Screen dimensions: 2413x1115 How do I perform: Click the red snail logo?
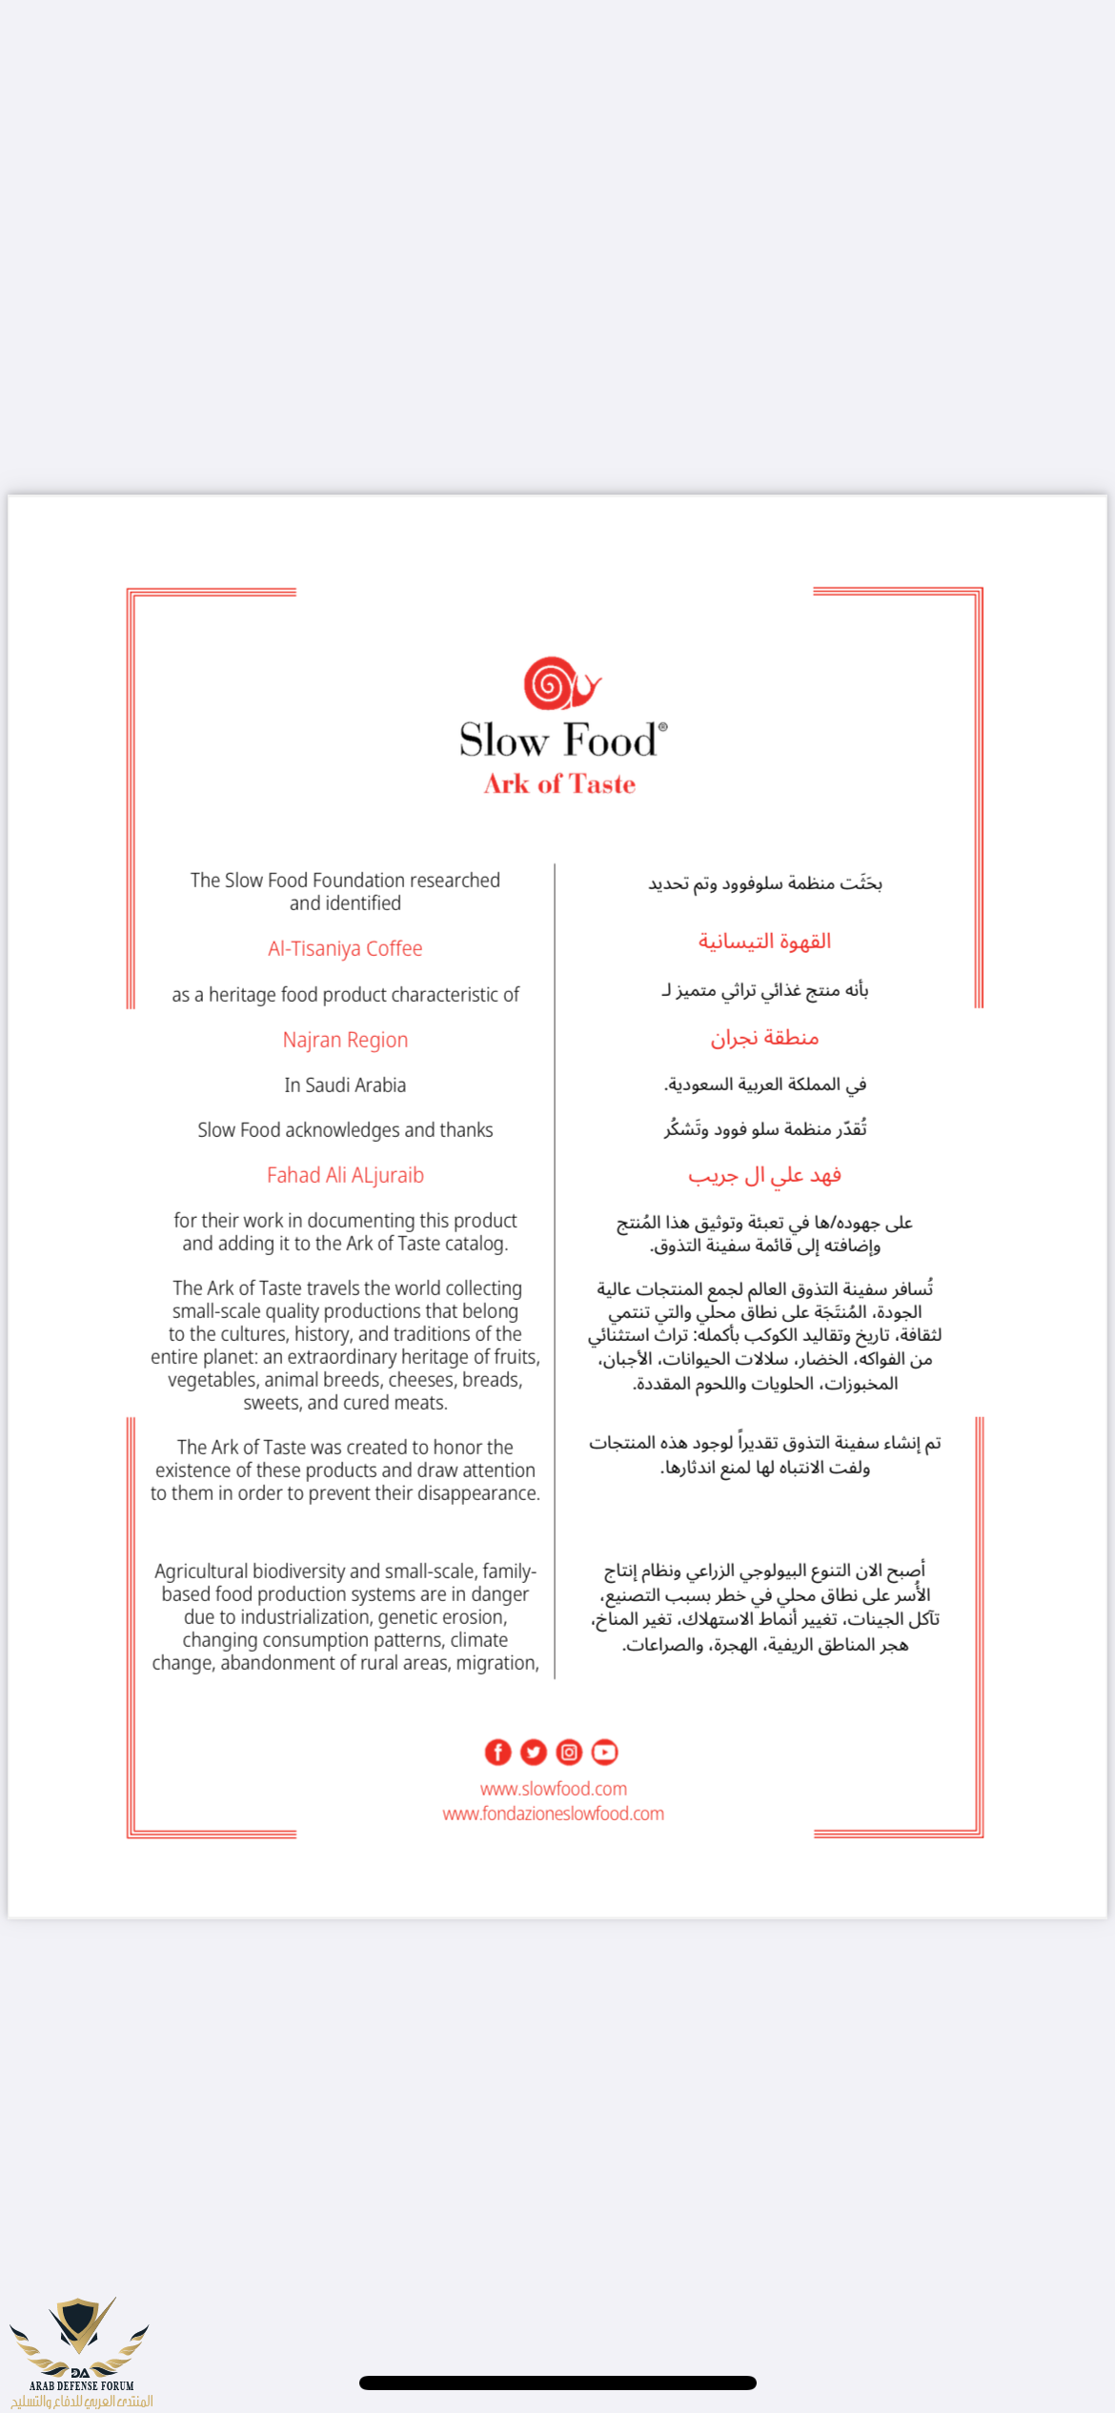pyautogui.click(x=560, y=683)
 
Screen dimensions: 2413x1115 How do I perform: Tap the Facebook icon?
pyautogui.click(x=497, y=1752)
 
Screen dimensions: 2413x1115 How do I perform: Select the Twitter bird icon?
pyautogui.click(x=534, y=1752)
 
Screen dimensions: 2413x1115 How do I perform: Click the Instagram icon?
pyautogui.click(x=569, y=1752)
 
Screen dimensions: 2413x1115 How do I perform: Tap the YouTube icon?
pyautogui.click(x=604, y=1752)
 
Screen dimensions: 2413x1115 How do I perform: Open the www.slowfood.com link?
pyautogui.click(x=553, y=1789)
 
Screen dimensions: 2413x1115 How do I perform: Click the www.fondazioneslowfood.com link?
pyautogui.click(x=553, y=1814)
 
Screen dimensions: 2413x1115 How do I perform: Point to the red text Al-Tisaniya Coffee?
pyautogui.click(x=345, y=948)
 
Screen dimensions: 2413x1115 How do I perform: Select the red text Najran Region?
pyautogui.click(x=345, y=1040)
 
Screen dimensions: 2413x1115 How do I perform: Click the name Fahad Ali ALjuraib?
pyautogui.click(x=345, y=1175)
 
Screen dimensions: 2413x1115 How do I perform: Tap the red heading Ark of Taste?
pyautogui.click(x=559, y=784)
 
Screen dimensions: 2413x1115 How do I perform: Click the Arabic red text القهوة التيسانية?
pyautogui.click(x=764, y=942)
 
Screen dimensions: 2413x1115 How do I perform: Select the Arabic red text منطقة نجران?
pyautogui.click(x=764, y=1038)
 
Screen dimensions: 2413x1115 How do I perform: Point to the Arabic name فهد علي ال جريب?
pyautogui.click(x=764, y=1176)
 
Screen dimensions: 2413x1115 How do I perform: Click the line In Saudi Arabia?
pyautogui.click(x=345, y=1085)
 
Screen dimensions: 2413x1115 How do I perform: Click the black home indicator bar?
pyautogui.click(x=557, y=2383)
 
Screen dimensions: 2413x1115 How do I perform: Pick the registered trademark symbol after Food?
pyautogui.click(x=663, y=726)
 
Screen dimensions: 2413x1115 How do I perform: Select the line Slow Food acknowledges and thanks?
pyautogui.click(x=345, y=1130)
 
